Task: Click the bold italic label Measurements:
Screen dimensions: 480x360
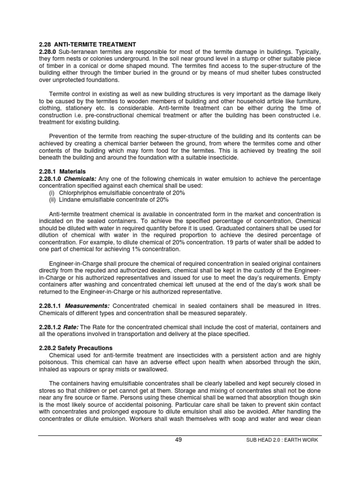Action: pos(87,306)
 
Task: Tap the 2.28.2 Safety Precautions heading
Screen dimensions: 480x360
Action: pos(75,348)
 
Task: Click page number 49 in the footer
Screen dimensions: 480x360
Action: pos(178,440)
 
